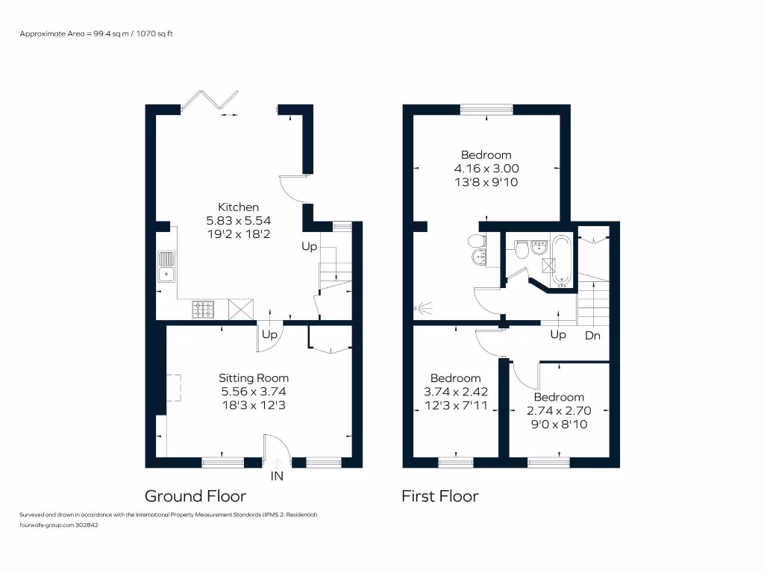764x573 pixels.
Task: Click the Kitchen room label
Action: (238, 207)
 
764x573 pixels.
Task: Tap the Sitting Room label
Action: (254, 378)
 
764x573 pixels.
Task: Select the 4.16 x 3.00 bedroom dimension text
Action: (486, 169)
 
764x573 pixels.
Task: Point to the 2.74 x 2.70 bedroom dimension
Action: (559, 410)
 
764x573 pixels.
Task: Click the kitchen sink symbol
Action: (166, 266)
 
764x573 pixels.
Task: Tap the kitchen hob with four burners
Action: (204, 308)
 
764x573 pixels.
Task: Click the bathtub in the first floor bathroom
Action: (561, 260)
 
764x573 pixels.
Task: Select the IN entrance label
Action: (277, 475)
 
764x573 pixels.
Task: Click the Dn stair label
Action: (592, 336)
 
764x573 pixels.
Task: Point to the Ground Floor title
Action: (195, 496)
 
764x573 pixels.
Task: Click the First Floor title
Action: (439, 496)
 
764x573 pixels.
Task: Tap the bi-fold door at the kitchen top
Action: (210, 101)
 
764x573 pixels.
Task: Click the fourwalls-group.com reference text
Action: (59, 525)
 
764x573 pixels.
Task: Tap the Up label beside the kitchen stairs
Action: (309, 246)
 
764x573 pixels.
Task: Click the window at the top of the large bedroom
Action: (486, 110)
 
